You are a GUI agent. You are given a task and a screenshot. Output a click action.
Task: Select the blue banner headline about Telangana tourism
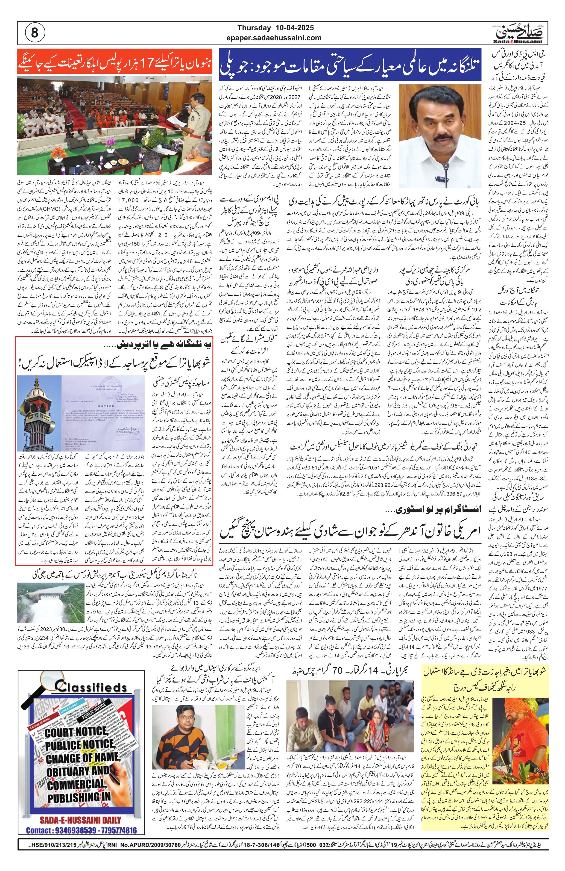click(x=350, y=65)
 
